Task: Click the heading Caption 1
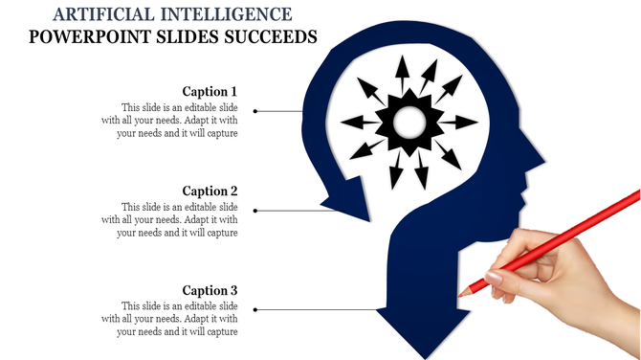(210, 92)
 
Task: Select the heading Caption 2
(210, 191)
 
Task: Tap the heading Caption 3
(210, 291)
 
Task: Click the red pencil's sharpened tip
(462, 292)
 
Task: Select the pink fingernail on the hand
(494, 277)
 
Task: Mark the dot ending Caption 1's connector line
(254, 111)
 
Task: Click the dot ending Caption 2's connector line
(254, 211)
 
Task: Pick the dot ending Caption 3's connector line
(254, 310)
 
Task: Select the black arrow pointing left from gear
(358, 122)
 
